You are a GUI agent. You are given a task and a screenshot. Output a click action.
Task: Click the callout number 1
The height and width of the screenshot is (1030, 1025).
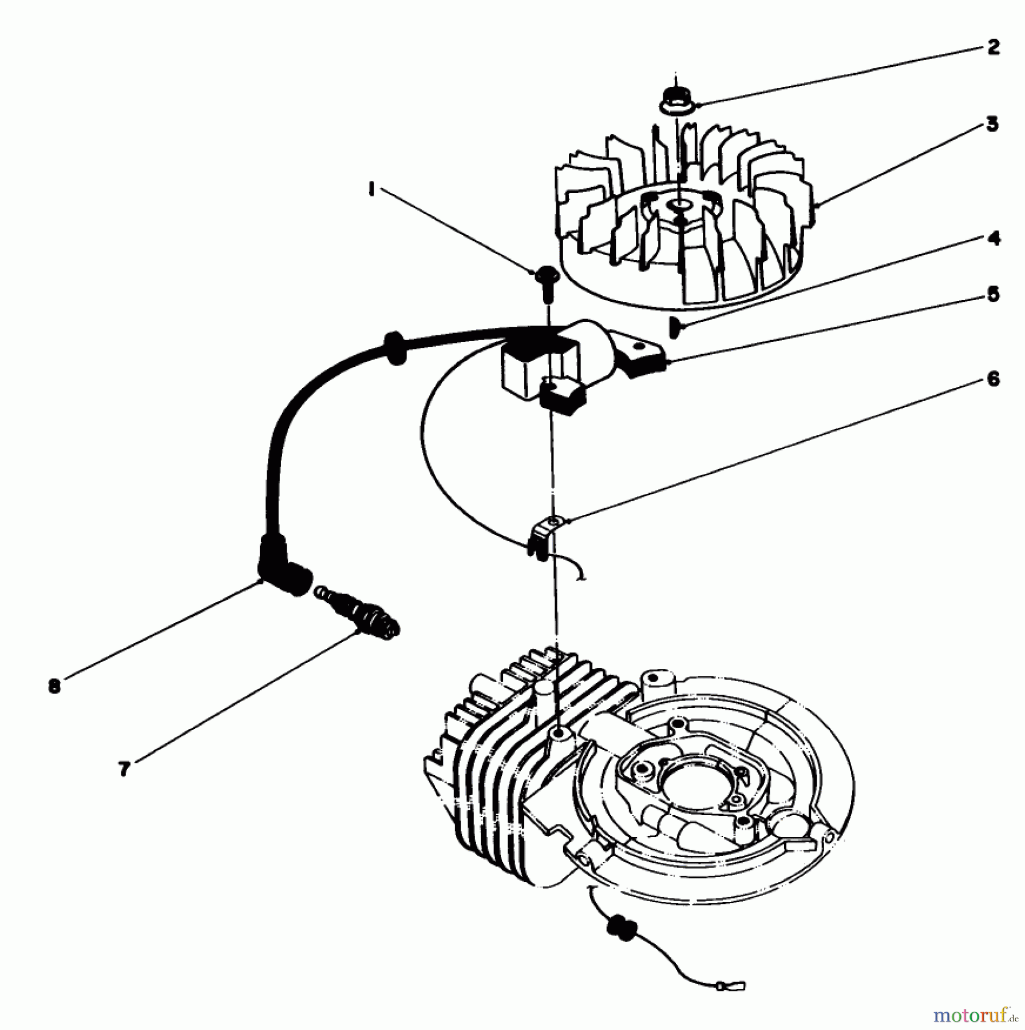(371, 189)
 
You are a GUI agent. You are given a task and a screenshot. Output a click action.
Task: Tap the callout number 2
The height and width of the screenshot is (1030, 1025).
(994, 47)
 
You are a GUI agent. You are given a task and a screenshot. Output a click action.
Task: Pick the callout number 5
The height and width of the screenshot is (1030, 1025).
(994, 295)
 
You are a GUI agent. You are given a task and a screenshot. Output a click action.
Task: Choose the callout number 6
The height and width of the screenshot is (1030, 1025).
(994, 378)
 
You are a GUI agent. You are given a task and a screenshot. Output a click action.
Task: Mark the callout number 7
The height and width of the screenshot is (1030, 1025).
(125, 769)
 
